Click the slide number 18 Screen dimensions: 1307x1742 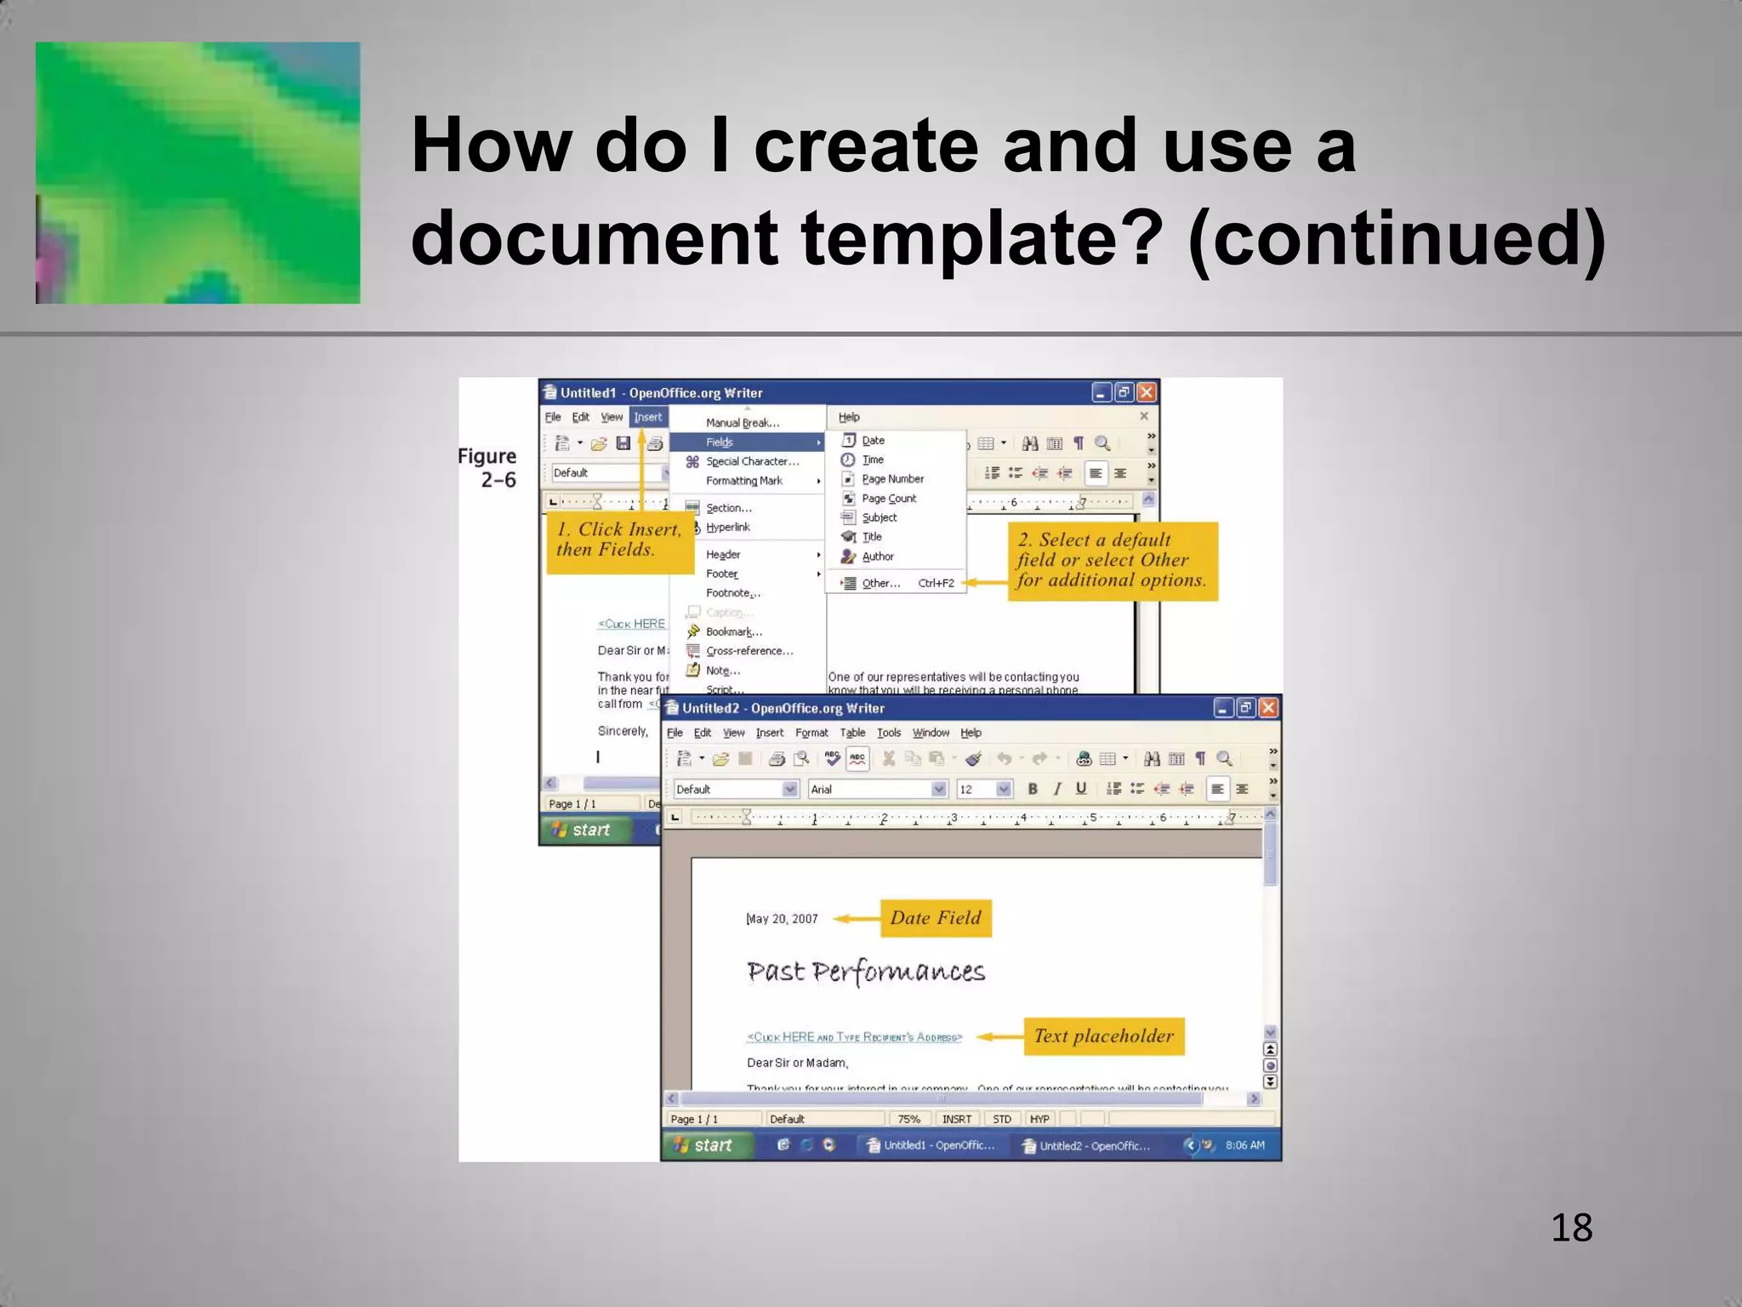click(1571, 1228)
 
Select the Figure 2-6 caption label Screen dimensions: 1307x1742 click(487, 468)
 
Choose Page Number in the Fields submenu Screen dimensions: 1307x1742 click(892, 479)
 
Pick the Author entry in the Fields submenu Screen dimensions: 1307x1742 click(878, 556)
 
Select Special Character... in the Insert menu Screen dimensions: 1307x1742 click(752, 461)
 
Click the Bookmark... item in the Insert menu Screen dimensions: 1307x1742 click(733, 631)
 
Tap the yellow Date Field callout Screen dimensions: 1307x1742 click(936, 918)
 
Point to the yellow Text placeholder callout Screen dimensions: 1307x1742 click(1103, 1036)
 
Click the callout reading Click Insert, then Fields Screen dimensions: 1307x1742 click(619, 540)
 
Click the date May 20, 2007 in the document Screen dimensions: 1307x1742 click(783, 919)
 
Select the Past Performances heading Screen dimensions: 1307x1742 click(866, 972)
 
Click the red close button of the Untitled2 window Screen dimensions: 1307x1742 click(1268, 708)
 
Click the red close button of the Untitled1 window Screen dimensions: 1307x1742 click(1147, 392)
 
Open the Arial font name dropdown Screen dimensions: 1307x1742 click(938, 790)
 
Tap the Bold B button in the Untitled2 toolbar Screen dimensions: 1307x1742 click(1033, 789)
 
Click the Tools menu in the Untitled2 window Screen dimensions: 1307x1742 click(889, 733)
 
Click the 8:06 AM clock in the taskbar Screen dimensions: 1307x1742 click(1244, 1145)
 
